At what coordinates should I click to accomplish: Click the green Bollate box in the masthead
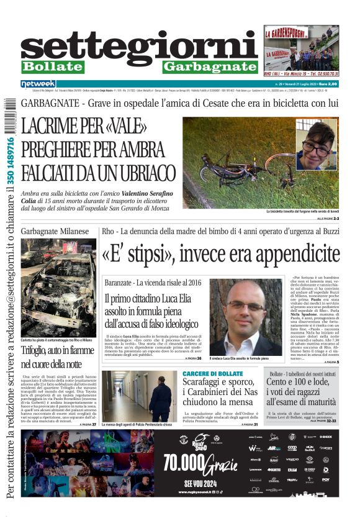pyautogui.click(x=52, y=66)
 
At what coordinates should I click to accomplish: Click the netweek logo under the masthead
pyautogui.click(x=38, y=84)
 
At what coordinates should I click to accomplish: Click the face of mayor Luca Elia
pyautogui.click(x=246, y=307)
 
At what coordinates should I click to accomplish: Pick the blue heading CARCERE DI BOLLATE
pyautogui.click(x=213, y=374)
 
